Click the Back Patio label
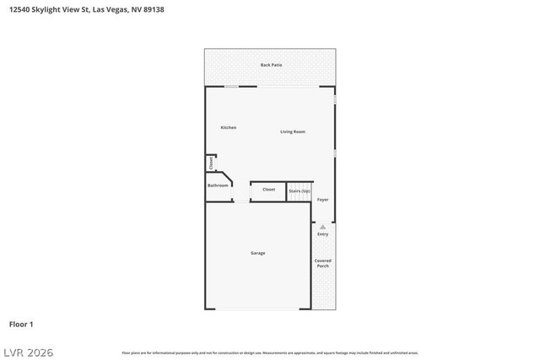(271, 65)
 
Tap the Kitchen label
(229, 127)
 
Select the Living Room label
(293, 132)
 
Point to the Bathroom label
(218, 185)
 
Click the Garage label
(257, 253)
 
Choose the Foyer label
(322, 200)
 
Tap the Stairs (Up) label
(300, 191)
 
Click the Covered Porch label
(322, 263)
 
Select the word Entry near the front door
(322, 234)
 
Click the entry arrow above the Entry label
(322, 227)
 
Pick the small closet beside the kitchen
(211, 163)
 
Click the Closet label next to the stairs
(268, 190)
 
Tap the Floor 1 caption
(21, 324)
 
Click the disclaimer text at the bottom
(270, 352)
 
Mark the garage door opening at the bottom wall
(257, 309)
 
